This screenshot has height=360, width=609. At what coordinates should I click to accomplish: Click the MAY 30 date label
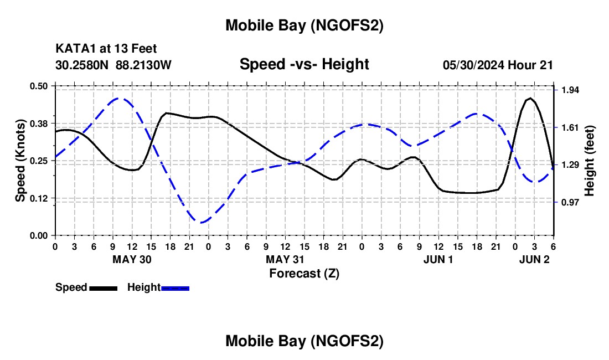tap(132, 259)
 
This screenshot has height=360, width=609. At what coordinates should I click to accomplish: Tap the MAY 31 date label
tap(285, 259)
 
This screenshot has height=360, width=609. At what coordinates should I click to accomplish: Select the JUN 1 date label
tap(438, 259)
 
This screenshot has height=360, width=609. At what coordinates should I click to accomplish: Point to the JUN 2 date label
tap(534, 259)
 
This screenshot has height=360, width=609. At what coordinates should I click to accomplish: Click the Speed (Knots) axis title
tap(20, 161)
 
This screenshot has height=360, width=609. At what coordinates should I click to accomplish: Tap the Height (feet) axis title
tap(589, 161)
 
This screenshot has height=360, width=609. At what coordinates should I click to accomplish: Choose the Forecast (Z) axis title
tap(304, 273)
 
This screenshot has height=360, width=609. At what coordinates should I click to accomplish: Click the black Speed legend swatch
tap(103, 288)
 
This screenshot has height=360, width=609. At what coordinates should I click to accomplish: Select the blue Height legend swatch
tap(176, 288)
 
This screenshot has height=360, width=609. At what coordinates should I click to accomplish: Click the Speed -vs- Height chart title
tap(304, 64)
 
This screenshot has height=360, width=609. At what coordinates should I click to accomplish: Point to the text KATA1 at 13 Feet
tap(110, 49)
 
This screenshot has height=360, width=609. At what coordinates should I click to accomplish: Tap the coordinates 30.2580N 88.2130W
tap(113, 65)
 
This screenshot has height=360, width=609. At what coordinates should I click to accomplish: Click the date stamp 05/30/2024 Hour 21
tap(498, 65)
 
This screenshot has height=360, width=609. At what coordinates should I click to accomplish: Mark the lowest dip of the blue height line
tap(202, 222)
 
